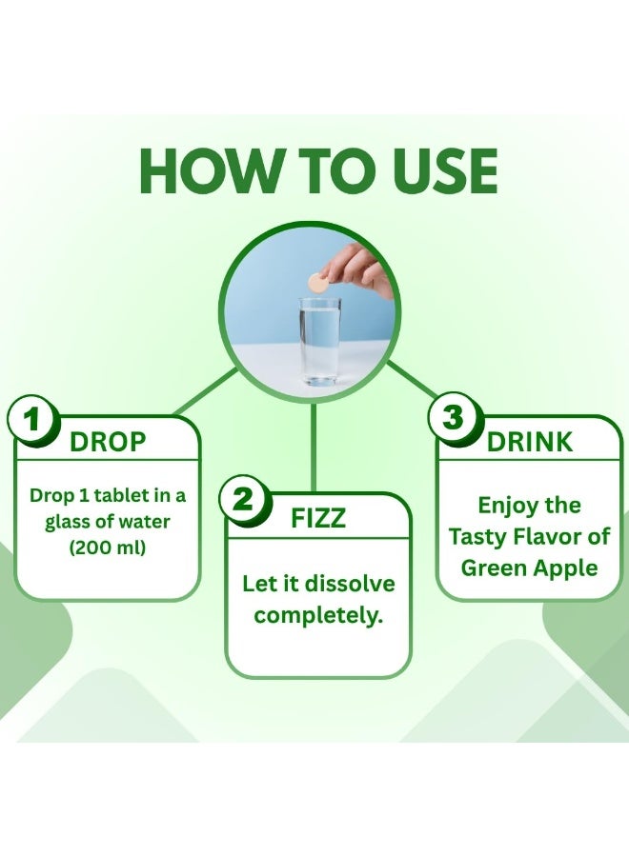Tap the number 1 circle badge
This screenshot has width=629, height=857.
click(x=32, y=422)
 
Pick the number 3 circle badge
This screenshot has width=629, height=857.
click(x=454, y=419)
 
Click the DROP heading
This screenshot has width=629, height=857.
click(x=109, y=442)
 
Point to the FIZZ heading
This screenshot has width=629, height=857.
click(x=318, y=518)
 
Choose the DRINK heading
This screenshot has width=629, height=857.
click(x=530, y=442)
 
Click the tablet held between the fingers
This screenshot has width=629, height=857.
click(x=317, y=283)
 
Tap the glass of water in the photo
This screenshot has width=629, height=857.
click(x=320, y=341)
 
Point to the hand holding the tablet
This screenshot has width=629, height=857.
click(x=360, y=271)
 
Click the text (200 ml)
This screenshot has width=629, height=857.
click(x=108, y=548)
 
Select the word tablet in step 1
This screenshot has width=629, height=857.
click(x=121, y=496)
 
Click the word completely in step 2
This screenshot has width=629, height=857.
click(x=317, y=616)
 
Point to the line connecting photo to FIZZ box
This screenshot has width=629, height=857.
click(x=314, y=448)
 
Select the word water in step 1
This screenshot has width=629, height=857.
click(x=145, y=522)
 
